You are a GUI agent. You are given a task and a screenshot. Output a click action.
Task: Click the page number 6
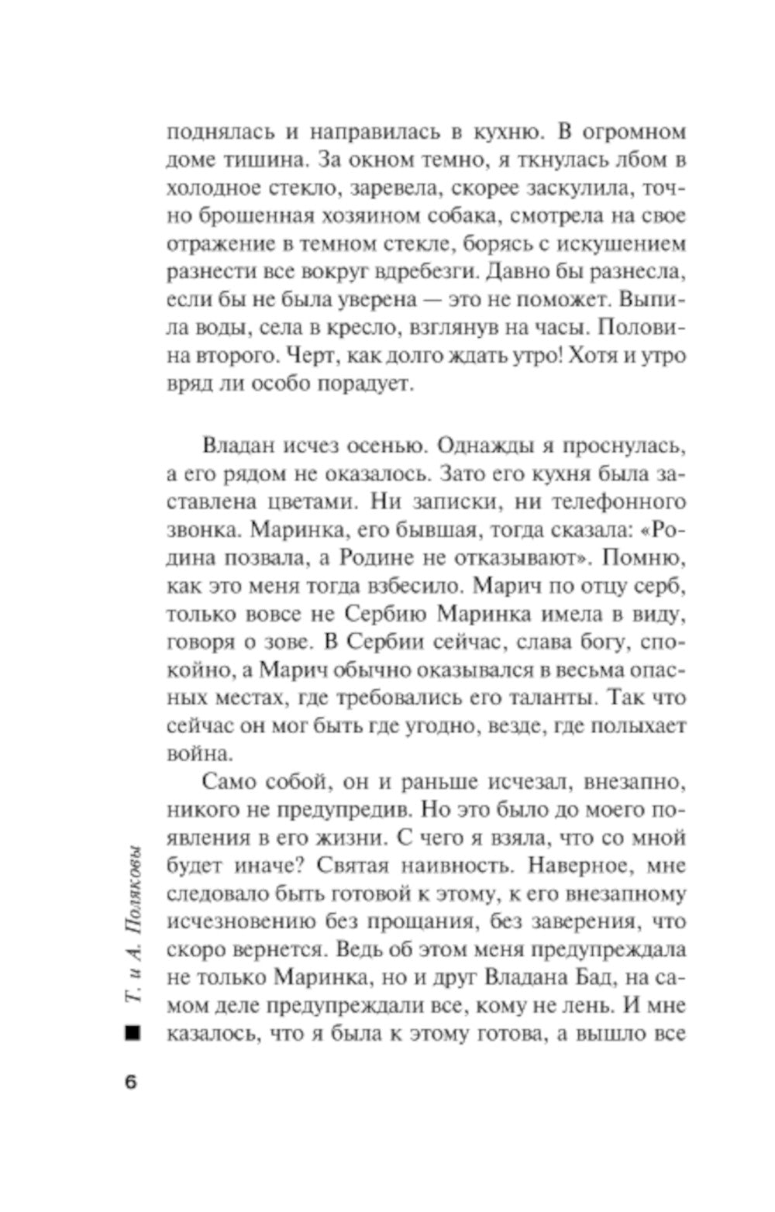coord(130,1083)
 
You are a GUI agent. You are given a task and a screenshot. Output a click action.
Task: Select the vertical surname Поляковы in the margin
coord(131,887)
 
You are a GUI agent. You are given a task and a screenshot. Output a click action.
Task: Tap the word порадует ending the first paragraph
coord(362,385)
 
